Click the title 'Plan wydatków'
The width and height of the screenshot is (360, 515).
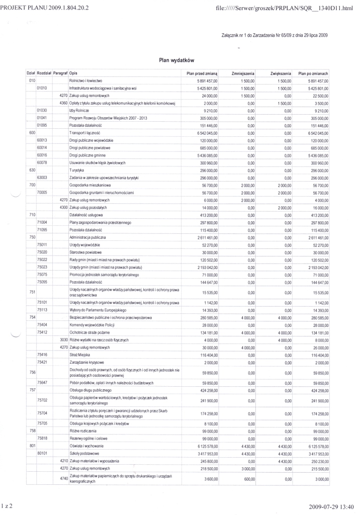coord(176,60)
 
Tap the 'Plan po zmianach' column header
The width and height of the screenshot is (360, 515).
coord(313,73)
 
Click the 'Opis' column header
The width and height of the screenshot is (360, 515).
coord(74,73)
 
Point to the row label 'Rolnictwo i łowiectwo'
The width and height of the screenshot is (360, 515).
coord(86,80)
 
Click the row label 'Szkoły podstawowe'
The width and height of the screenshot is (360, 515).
coord(84,453)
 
